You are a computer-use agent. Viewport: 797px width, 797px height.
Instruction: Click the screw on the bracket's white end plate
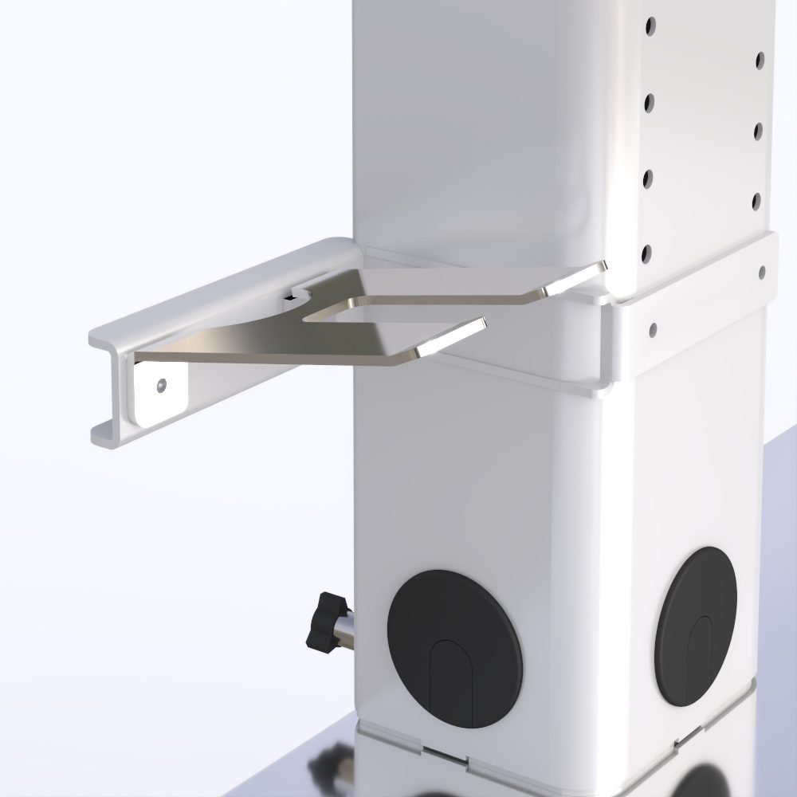163,385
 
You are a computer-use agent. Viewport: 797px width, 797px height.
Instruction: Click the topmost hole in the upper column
650,25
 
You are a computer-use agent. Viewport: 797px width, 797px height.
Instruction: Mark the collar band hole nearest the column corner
653,328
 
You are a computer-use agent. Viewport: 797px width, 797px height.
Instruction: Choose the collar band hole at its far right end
763,273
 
